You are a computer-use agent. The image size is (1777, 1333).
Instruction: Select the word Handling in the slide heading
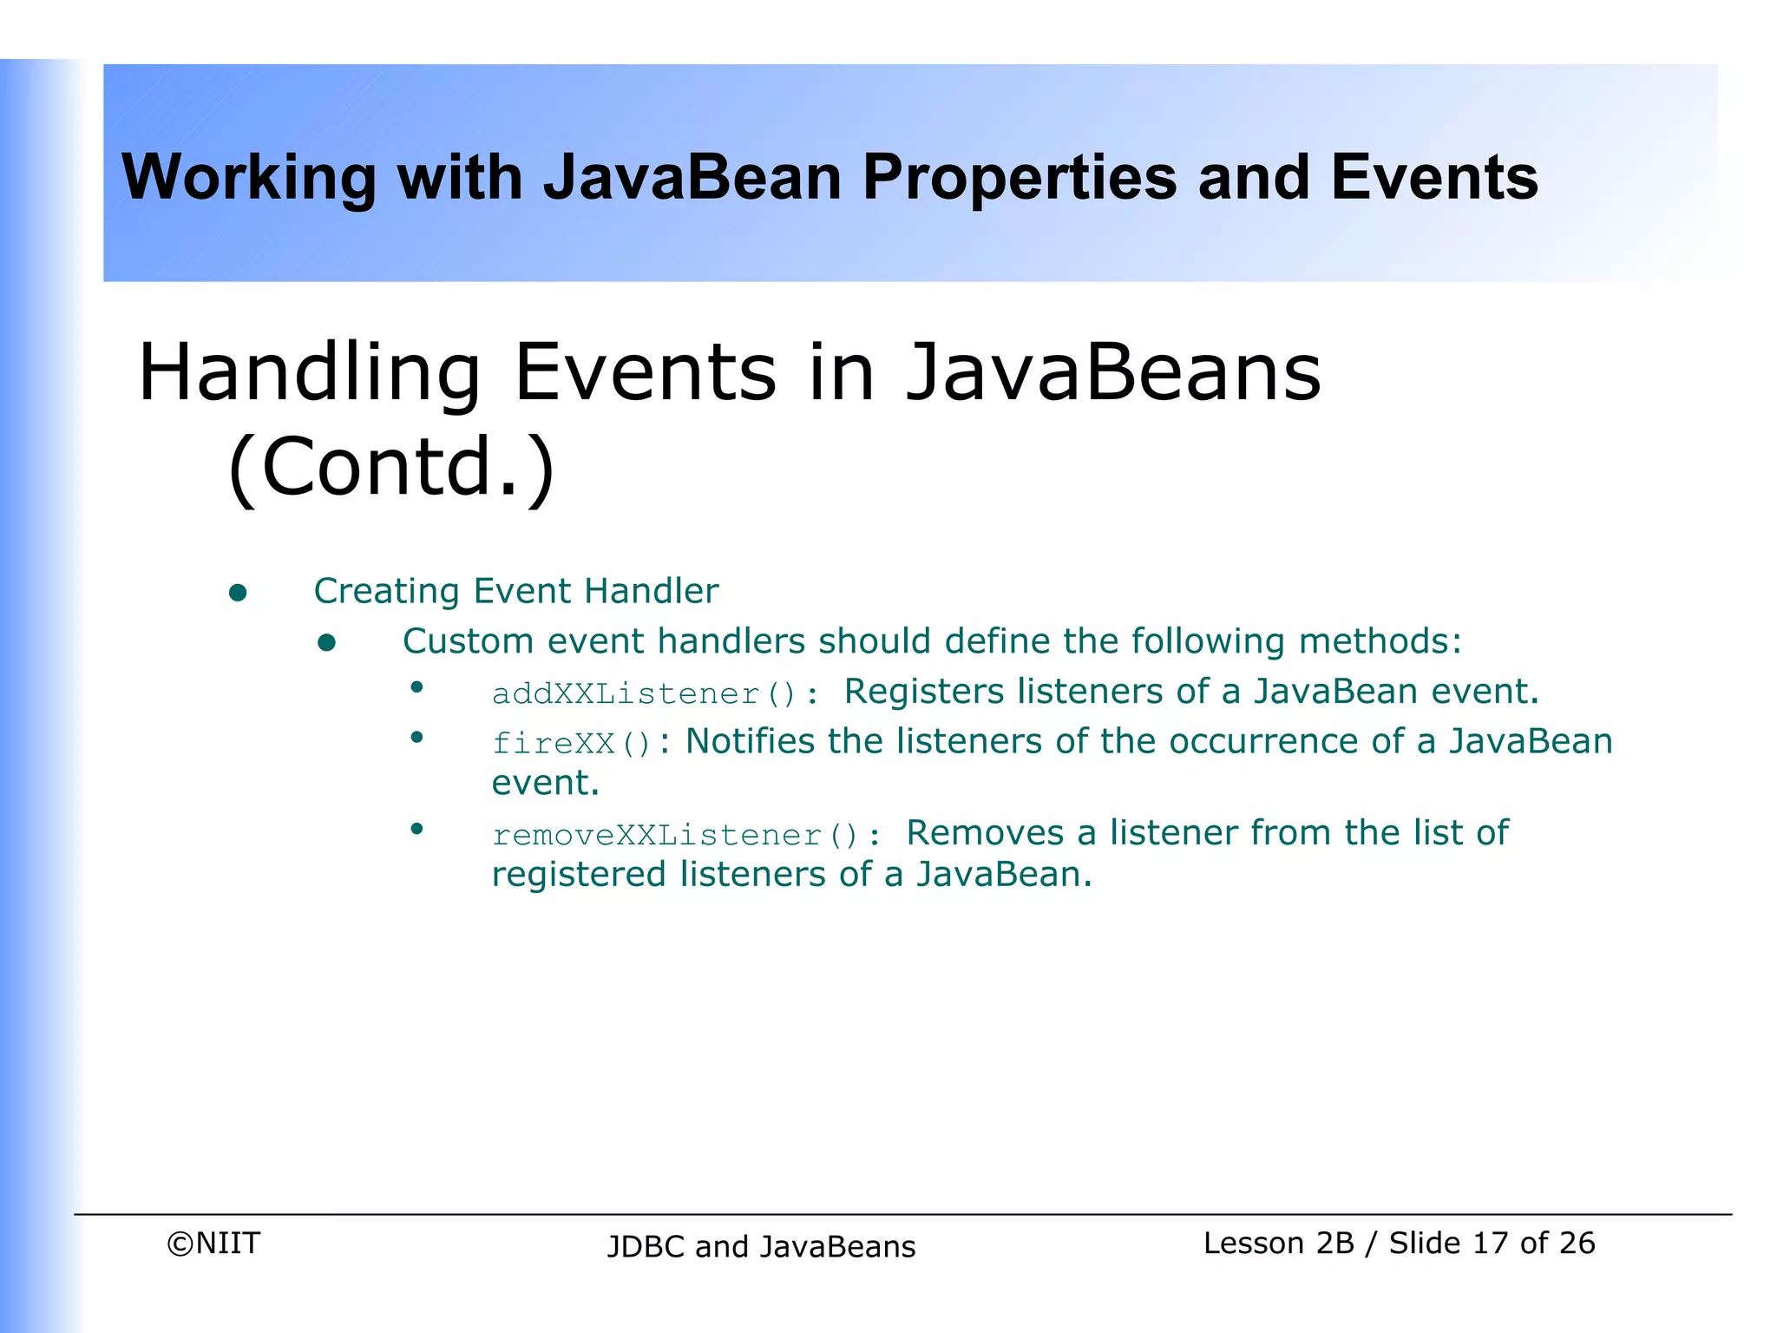[309, 372]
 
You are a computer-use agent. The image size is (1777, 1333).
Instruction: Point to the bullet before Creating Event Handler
[238, 593]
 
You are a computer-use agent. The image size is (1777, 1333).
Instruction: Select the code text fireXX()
[571, 744]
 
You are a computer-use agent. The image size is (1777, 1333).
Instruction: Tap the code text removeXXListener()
[675, 836]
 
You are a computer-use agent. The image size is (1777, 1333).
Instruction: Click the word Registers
[923, 692]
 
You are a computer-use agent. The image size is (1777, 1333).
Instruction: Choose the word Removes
[985, 833]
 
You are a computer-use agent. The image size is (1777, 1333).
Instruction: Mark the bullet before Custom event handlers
[327, 643]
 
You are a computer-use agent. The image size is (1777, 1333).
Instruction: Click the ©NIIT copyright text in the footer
[213, 1244]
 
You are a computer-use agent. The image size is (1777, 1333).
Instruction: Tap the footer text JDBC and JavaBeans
[761, 1247]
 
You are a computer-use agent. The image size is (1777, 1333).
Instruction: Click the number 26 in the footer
[1576, 1244]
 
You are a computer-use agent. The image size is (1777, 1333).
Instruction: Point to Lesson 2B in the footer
[1278, 1244]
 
